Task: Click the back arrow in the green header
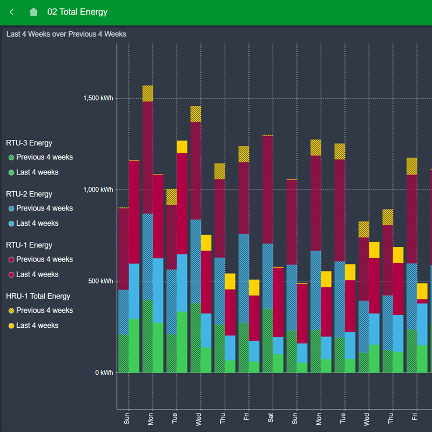12,12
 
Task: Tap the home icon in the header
33,12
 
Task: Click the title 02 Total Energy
77,12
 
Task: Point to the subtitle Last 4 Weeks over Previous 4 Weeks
66,34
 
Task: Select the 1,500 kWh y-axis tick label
98,98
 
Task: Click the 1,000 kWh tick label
98,190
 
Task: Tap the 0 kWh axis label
104,373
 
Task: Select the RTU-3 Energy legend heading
29,143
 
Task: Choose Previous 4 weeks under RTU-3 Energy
44,157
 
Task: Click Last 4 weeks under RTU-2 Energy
37,223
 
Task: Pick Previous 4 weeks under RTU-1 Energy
44,259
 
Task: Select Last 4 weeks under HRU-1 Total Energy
37,326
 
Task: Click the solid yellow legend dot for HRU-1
11,326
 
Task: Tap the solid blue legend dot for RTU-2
11,224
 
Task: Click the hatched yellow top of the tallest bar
147,93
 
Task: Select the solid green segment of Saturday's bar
278,363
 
